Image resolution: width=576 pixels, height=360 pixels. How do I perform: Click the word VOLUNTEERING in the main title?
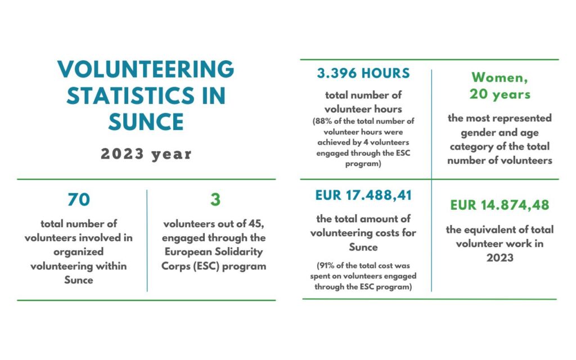[x=146, y=70]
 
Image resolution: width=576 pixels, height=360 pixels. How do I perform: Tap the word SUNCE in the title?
[x=146, y=121]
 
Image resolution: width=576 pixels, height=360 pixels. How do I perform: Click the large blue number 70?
[x=79, y=200]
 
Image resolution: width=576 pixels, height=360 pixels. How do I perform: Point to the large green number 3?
[x=215, y=200]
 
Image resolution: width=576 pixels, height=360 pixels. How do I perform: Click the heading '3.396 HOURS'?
[x=363, y=74]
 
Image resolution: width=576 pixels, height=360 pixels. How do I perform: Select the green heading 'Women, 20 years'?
[x=500, y=85]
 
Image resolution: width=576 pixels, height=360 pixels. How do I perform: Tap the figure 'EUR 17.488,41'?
[x=363, y=196]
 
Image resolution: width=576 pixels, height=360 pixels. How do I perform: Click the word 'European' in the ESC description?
[x=183, y=252]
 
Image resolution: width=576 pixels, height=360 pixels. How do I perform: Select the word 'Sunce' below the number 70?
[x=79, y=280]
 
